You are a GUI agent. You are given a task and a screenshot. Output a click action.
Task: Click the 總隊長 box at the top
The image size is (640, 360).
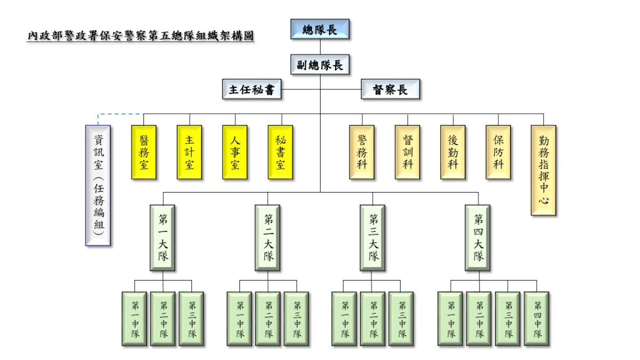[320, 29]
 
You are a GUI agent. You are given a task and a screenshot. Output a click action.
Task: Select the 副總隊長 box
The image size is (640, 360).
[320, 65]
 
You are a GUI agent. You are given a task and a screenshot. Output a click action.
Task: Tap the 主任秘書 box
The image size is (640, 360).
[252, 90]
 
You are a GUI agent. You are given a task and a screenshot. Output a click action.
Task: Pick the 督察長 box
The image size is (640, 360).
[390, 90]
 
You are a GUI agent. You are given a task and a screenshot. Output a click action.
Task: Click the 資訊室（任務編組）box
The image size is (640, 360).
[98, 186]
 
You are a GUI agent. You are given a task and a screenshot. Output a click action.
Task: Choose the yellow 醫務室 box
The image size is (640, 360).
[144, 152]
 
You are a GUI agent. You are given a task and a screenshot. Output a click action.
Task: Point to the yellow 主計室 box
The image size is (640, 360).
[189, 152]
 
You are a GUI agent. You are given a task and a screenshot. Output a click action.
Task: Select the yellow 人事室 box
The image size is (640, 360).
[235, 152]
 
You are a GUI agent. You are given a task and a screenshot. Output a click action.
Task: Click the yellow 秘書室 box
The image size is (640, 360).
[281, 152]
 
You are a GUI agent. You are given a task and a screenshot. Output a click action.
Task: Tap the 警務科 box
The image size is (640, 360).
[362, 152]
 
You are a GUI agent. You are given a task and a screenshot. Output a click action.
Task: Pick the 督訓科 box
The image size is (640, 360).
[407, 152]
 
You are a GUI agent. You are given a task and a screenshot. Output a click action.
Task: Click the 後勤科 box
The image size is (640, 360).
[453, 152]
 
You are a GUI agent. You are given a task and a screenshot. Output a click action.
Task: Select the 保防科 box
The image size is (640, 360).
[498, 152]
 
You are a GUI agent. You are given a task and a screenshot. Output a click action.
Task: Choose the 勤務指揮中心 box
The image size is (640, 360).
[543, 170]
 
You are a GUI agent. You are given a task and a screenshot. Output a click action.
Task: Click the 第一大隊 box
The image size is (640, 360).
[163, 238]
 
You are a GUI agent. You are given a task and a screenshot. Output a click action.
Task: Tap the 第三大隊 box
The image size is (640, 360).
[373, 238]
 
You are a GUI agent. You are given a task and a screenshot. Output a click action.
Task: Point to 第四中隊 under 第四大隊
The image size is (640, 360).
[537, 319]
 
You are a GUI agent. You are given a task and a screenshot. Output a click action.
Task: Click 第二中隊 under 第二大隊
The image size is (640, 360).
[268, 319]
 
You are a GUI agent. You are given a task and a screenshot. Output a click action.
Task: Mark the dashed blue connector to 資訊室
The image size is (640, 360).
[119, 114]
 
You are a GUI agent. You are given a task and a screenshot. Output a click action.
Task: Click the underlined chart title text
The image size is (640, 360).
[140, 36]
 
